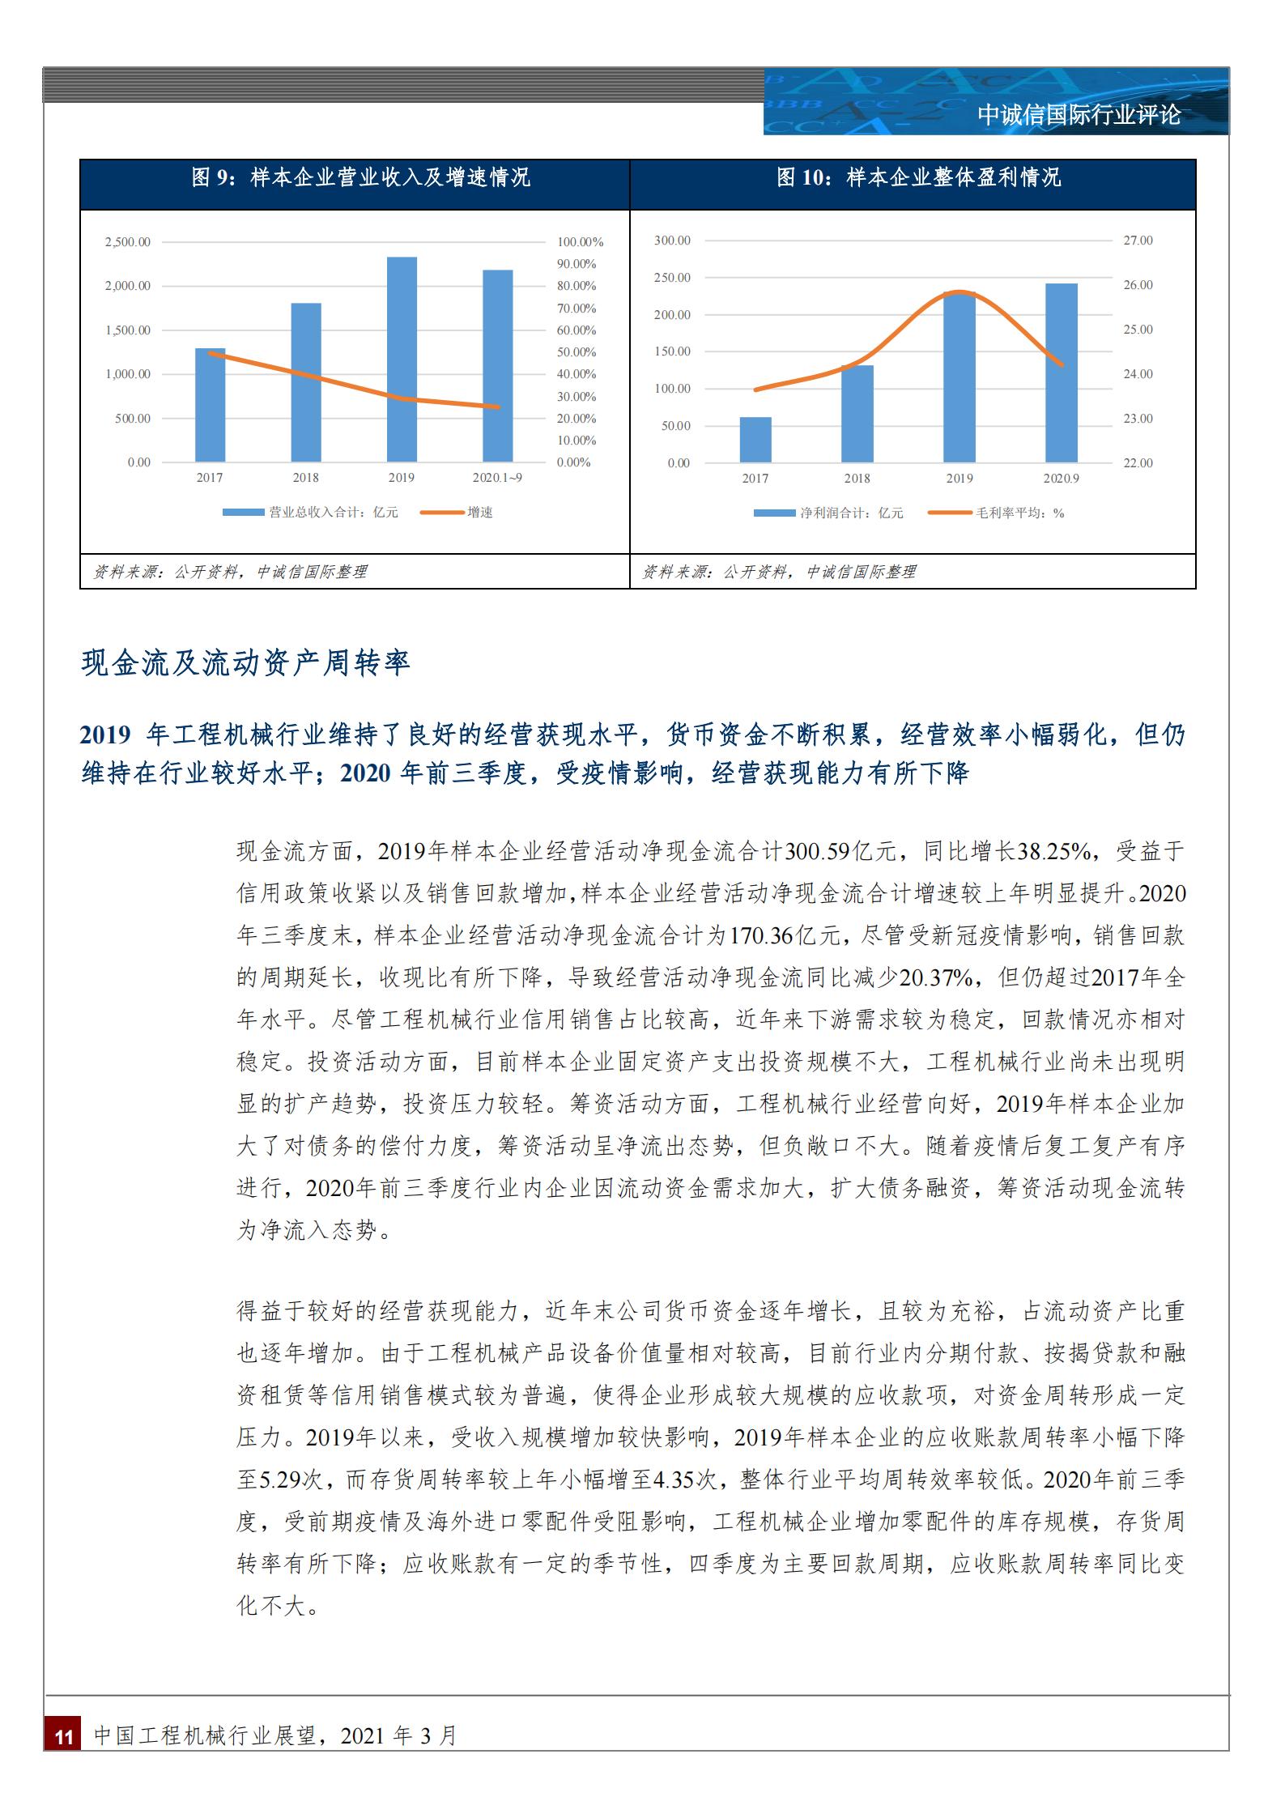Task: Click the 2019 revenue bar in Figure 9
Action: (402, 360)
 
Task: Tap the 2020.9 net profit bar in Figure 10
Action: (1061, 373)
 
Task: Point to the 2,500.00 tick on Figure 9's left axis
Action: (127, 242)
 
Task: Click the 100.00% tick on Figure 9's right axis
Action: (581, 242)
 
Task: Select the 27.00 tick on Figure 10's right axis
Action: (1138, 241)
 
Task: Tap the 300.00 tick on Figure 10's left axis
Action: (672, 241)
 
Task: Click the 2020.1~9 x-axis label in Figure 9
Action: (497, 478)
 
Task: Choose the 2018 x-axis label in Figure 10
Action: (857, 479)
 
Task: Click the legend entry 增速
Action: (480, 512)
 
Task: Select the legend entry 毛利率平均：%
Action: (1019, 513)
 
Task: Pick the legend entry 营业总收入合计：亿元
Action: (334, 512)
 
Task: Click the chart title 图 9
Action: (360, 177)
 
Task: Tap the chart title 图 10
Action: (918, 177)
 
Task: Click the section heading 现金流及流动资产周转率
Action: (246, 663)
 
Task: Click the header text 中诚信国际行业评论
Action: (1079, 115)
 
